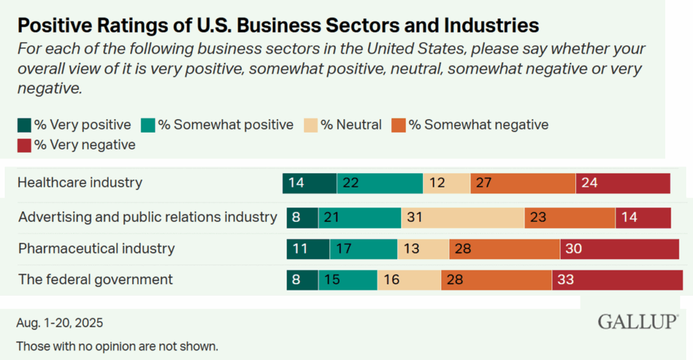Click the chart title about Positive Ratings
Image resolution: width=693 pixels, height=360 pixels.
point(277,26)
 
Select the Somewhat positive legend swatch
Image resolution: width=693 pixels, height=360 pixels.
point(147,125)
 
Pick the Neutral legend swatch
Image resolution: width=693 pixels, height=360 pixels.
point(311,125)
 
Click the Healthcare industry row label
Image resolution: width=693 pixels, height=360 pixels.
point(80,183)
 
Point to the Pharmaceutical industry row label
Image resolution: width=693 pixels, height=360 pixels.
point(96,248)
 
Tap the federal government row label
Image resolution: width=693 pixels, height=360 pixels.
point(95,279)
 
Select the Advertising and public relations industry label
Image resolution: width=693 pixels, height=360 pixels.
point(148,217)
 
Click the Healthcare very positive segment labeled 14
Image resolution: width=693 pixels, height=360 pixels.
point(309,183)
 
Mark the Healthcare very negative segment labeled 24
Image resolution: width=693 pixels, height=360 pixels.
point(623,183)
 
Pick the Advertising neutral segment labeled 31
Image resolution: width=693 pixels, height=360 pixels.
point(462,217)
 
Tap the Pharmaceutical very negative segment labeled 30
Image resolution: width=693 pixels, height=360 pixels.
point(619,248)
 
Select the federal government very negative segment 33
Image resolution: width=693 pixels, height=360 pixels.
point(617,279)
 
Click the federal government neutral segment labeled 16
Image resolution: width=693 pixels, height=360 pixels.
point(409,279)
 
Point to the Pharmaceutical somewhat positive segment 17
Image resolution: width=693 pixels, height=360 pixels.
point(363,248)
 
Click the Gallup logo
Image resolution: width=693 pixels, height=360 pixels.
point(637,322)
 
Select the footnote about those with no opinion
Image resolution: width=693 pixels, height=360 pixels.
point(117,346)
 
